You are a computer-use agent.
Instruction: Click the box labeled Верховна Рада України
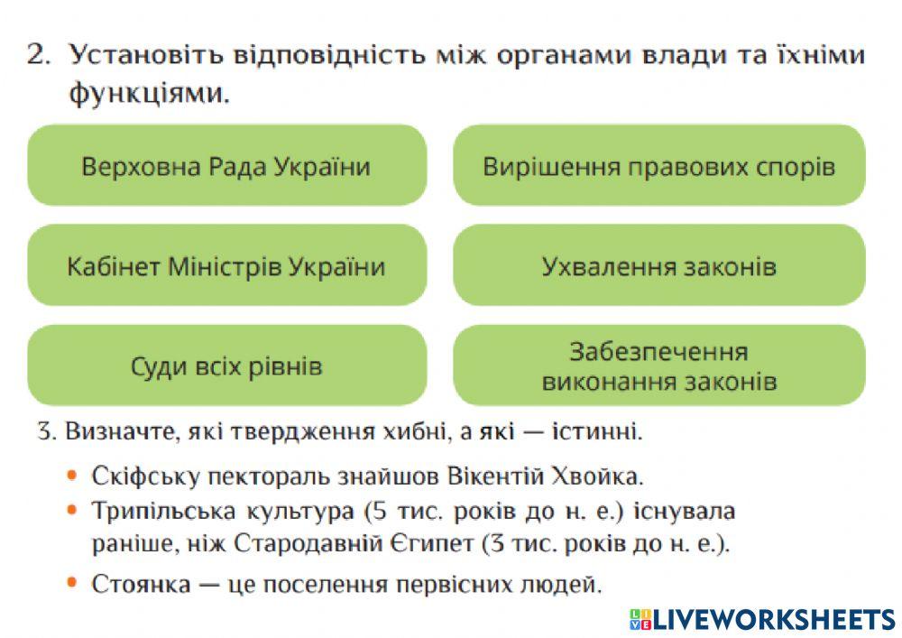[x=226, y=166]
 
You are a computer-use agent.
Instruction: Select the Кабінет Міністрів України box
[x=226, y=266]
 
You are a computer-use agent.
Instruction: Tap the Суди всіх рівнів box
[x=226, y=365]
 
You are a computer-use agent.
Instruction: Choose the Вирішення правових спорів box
[x=658, y=166]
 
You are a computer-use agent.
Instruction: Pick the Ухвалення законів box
[x=658, y=266]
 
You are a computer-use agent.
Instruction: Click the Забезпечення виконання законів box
[x=658, y=365]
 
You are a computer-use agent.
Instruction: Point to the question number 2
[x=38, y=56]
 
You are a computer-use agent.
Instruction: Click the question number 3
[x=46, y=431]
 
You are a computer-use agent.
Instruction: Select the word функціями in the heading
[x=148, y=93]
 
